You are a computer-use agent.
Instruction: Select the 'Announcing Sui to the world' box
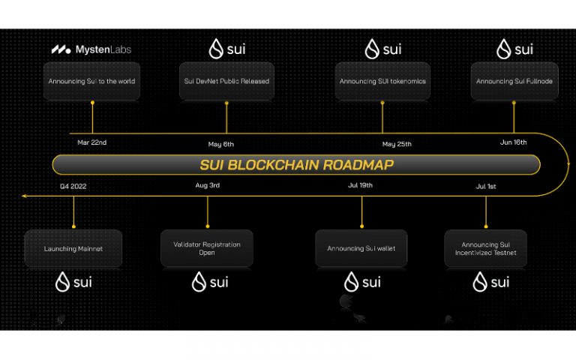[x=91, y=81]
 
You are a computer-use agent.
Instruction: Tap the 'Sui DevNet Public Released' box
[x=226, y=81]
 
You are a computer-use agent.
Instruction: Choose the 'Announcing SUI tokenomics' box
[x=382, y=81]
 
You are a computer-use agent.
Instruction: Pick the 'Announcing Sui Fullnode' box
[x=514, y=81]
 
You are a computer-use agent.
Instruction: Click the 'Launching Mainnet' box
[x=73, y=248]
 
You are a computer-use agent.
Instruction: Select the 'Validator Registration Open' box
[x=207, y=248]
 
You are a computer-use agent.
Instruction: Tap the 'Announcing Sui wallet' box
[x=361, y=248]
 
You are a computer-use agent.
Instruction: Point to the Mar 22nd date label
[x=92, y=142]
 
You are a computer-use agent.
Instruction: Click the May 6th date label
[x=221, y=144]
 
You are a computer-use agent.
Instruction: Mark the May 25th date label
[x=397, y=144]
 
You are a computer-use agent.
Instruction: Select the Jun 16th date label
[x=514, y=142]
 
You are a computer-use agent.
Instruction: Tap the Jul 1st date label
[x=485, y=186]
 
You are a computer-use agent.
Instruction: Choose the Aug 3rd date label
[x=207, y=184]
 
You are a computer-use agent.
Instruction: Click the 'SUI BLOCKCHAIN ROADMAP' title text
[x=296, y=165]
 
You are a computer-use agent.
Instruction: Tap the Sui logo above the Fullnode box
[x=514, y=50]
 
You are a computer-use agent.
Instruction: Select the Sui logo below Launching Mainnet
[x=73, y=283]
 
